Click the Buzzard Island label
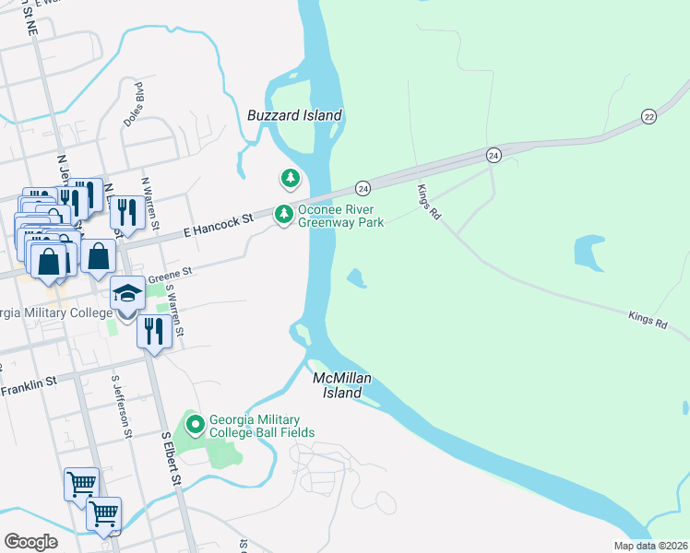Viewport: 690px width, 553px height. tap(294, 115)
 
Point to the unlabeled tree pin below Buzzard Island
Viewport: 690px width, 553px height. tap(291, 177)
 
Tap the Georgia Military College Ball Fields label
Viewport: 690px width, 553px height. tap(262, 425)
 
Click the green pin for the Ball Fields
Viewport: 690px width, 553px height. tap(195, 425)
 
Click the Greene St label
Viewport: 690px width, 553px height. tap(169, 273)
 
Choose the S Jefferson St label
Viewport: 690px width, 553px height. tap(119, 406)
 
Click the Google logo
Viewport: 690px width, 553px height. tap(30, 542)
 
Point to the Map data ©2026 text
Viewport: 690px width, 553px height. tap(650, 546)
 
